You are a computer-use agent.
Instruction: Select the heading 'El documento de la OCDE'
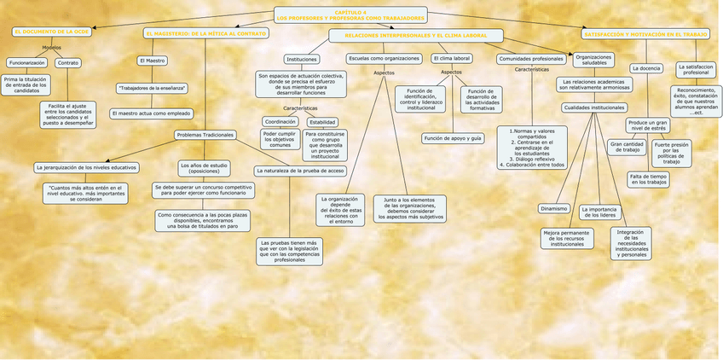(51, 32)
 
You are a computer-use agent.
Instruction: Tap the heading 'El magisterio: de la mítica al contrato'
(205, 33)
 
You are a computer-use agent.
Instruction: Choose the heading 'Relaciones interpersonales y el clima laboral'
(416, 36)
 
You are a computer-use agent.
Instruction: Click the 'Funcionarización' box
(27, 63)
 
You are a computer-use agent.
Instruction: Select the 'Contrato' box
(68, 63)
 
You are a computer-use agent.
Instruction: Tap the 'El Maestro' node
(152, 61)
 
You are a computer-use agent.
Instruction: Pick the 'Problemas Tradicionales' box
(205, 135)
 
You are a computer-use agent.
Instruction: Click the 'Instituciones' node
(303, 59)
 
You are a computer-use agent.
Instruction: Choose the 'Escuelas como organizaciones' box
(384, 58)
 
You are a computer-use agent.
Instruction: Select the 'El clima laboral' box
(451, 58)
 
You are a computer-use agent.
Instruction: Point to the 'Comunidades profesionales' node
(531, 59)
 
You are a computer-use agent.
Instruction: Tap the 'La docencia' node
(645, 67)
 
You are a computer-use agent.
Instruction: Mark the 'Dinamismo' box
(554, 208)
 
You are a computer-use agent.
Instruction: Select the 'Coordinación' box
(280, 122)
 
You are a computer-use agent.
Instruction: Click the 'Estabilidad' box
(322, 122)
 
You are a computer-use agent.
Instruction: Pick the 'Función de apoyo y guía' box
(453, 138)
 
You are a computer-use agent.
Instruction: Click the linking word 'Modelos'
(52, 47)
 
